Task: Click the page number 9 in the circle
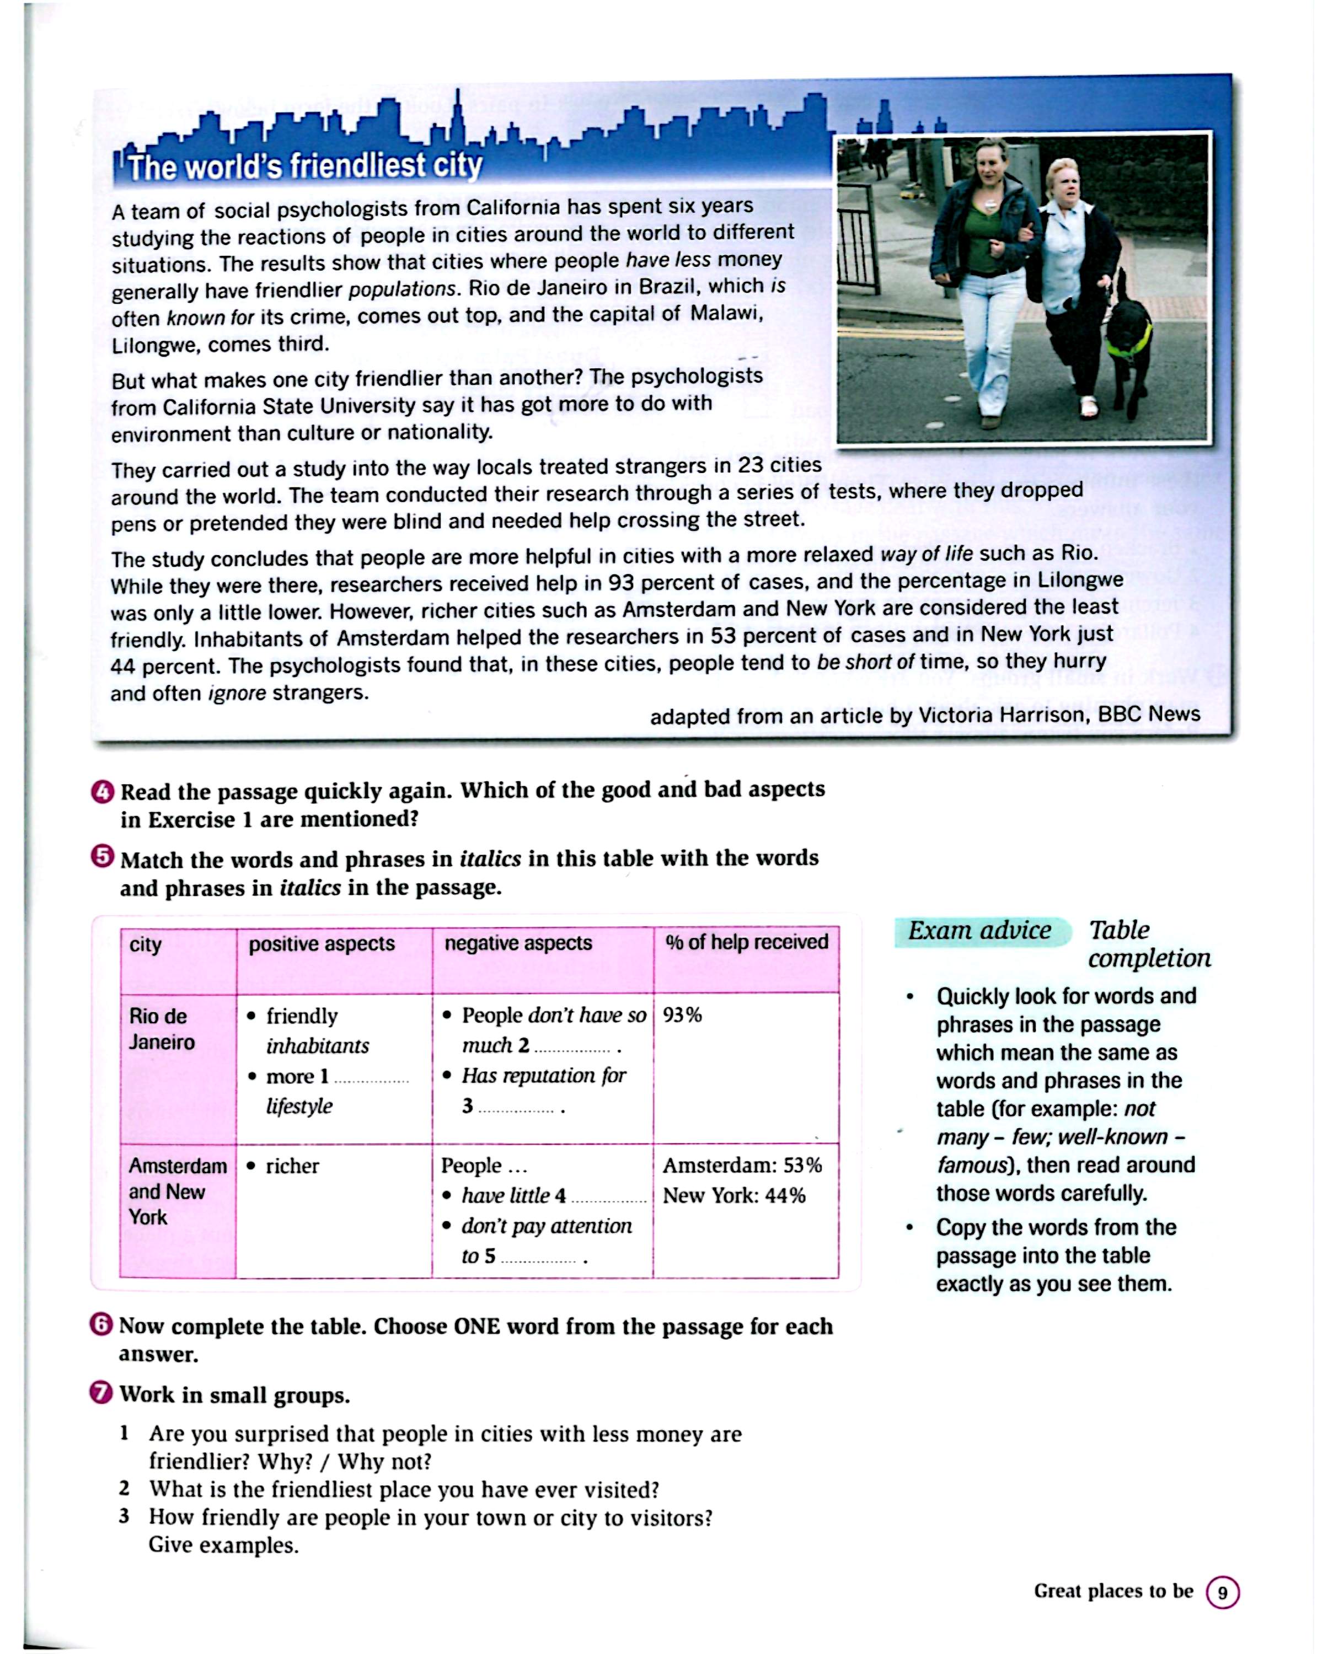(x=1222, y=1593)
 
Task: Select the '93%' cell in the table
(x=682, y=1015)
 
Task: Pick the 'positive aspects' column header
(x=322, y=944)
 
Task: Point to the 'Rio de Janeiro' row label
(x=162, y=1029)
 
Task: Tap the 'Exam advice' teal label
(x=979, y=931)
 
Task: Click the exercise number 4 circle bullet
(x=103, y=792)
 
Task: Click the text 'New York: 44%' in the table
(x=734, y=1195)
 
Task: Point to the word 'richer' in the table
(x=292, y=1166)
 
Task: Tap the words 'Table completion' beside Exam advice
(x=1148, y=944)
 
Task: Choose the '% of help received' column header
(x=747, y=942)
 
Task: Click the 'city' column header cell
(x=146, y=944)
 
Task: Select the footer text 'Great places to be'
(x=1113, y=1591)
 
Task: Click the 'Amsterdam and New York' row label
(x=177, y=1191)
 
